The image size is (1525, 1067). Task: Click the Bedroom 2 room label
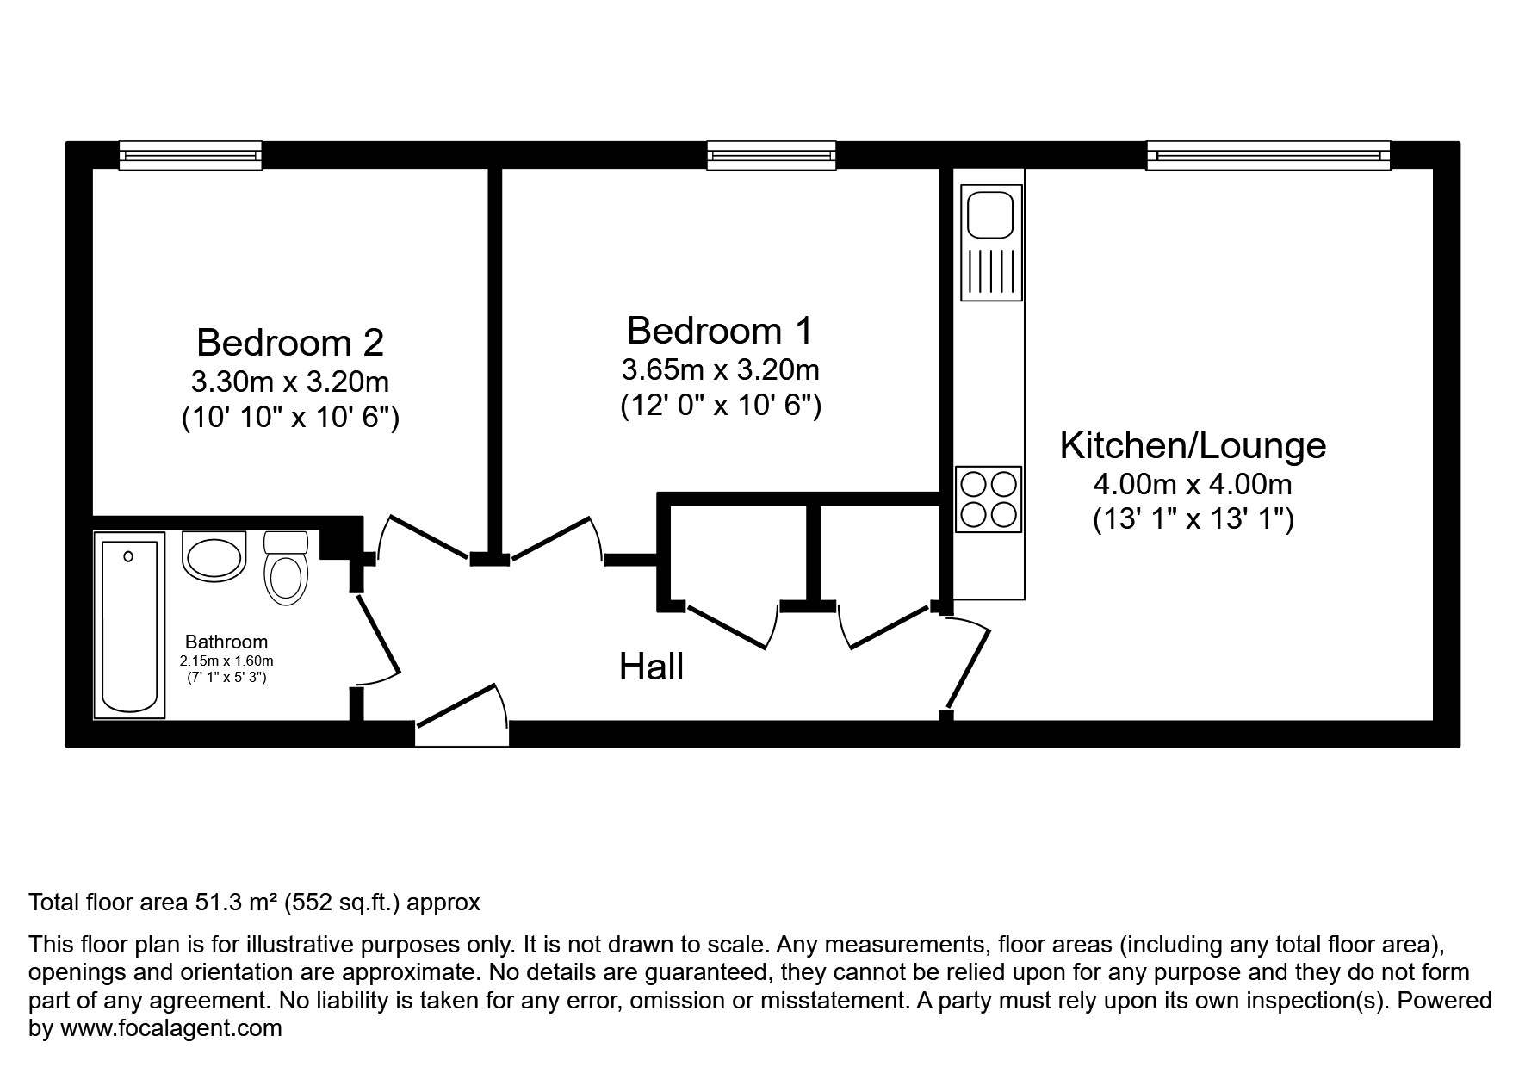coord(290,343)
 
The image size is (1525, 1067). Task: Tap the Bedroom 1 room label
coord(720,331)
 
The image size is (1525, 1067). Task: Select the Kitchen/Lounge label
coord(1193,445)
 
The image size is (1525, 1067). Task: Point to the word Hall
coord(652,667)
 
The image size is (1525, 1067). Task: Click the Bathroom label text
coord(226,642)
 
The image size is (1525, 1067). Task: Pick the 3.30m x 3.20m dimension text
coord(290,381)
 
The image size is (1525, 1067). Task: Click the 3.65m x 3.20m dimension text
coord(720,369)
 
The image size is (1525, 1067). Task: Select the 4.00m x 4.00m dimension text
coord(1193,484)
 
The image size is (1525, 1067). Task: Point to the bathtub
coord(129,624)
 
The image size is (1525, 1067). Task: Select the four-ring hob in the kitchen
coord(989,499)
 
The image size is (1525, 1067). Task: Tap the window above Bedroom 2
coord(190,155)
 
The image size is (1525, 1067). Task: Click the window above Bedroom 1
coord(772,155)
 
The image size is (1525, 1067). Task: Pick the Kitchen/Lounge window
coord(1268,155)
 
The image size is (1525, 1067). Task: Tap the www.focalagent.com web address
coord(170,1027)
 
